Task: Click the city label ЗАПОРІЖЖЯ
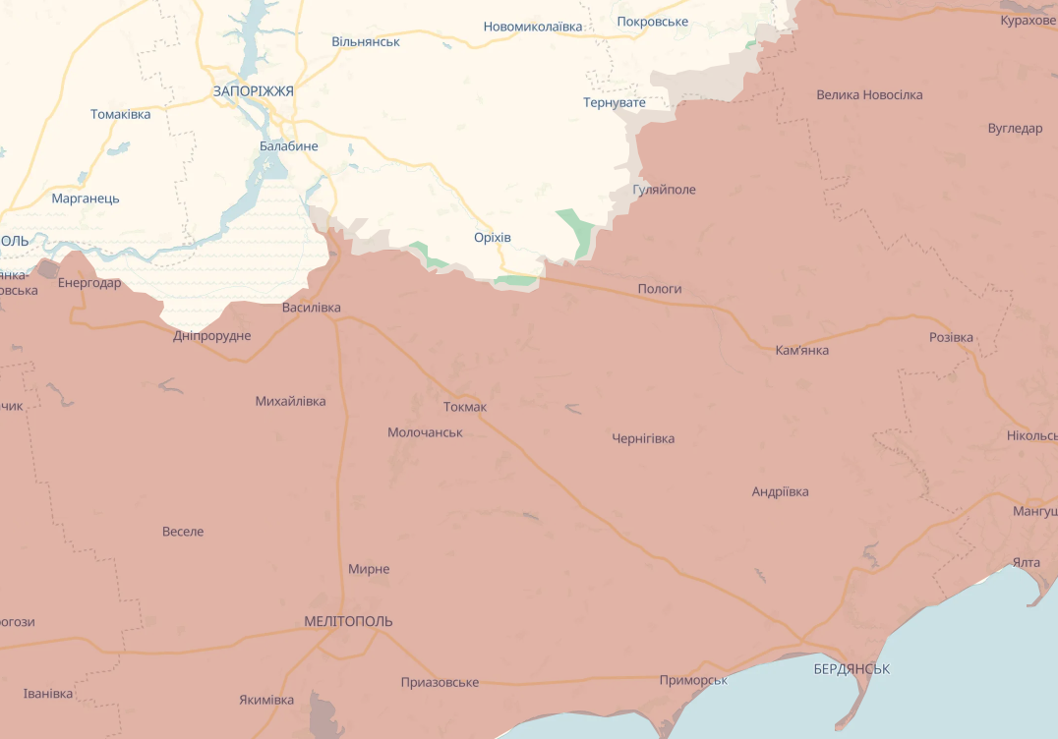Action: pyautogui.click(x=253, y=90)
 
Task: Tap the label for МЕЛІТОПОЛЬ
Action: pyautogui.click(x=348, y=621)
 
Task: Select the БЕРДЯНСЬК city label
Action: pyautogui.click(x=852, y=668)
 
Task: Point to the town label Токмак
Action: pyautogui.click(x=464, y=407)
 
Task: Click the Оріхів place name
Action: pyautogui.click(x=492, y=237)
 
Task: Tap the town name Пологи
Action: pyautogui.click(x=659, y=289)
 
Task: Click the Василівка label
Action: pyautogui.click(x=311, y=308)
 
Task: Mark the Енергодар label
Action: pyautogui.click(x=89, y=283)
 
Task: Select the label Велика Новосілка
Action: pyautogui.click(x=869, y=94)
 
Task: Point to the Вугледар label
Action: pyautogui.click(x=1015, y=128)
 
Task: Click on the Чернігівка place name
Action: pyautogui.click(x=643, y=438)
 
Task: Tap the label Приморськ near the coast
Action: pyautogui.click(x=693, y=680)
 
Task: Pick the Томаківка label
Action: pyautogui.click(x=120, y=114)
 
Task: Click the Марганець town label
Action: pyautogui.click(x=86, y=198)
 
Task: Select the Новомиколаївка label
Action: pyautogui.click(x=532, y=27)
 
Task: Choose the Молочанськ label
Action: pyautogui.click(x=425, y=432)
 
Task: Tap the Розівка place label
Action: pyautogui.click(x=951, y=337)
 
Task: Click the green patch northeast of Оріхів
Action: pyautogui.click(x=577, y=233)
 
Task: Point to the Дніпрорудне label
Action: pyautogui.click(x=211, y=336)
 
